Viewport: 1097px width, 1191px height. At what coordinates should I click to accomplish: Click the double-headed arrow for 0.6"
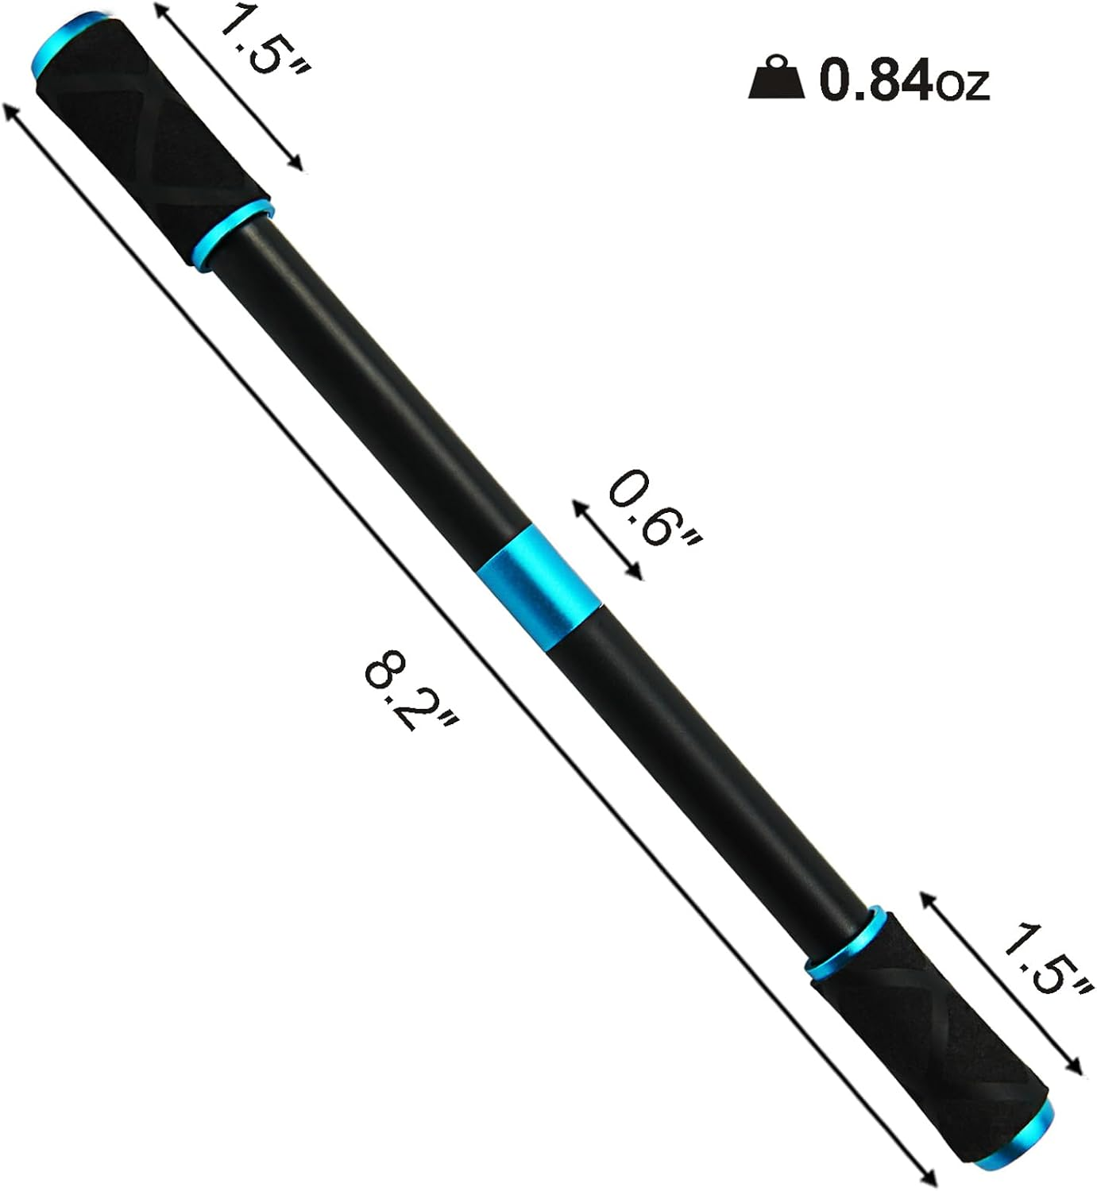coord(606,539)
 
